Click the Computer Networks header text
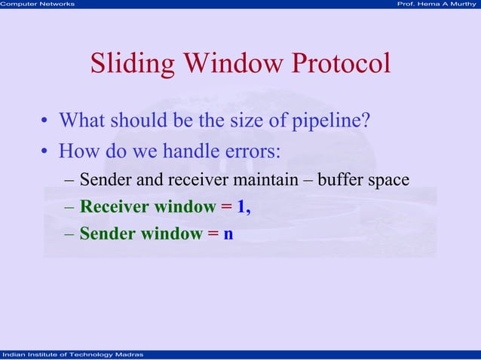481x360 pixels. coord(38,5)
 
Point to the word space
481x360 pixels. coord(389,182)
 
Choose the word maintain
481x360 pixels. coord(280,181)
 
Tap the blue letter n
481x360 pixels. coord(228,234)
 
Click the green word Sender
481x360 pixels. coord(106,234)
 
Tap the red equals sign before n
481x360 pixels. coord(213,234)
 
